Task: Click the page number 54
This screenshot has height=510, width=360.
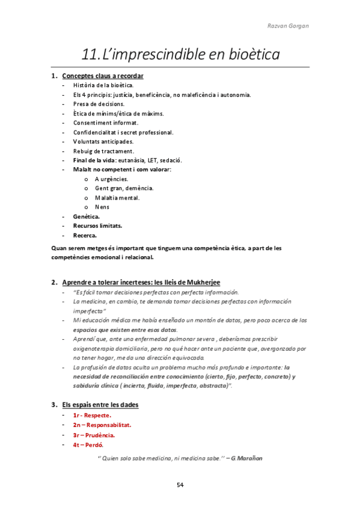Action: (180, 485)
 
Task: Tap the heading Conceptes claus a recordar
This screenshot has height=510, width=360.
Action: (103, 76)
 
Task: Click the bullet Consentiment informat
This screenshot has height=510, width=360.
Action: (106, 123)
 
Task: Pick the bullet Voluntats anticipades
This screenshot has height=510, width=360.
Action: (103, 141)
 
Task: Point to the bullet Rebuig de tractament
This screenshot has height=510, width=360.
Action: (103, 151)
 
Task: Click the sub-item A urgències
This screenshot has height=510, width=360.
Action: (111, 179)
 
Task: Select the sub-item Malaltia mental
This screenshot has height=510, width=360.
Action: (117, 197)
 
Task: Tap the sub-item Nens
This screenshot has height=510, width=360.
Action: (102, 207)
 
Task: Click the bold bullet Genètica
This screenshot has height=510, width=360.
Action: (87, 217)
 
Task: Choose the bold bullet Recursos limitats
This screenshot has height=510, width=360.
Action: (97, 226)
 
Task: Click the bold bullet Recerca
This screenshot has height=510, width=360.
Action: (85, 235)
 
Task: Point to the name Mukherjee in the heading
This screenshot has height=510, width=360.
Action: (201, 282)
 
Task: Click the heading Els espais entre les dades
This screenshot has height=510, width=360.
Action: (100, 405)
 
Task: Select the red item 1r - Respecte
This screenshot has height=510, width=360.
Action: (92, 415)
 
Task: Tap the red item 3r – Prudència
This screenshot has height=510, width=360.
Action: (94, 435)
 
